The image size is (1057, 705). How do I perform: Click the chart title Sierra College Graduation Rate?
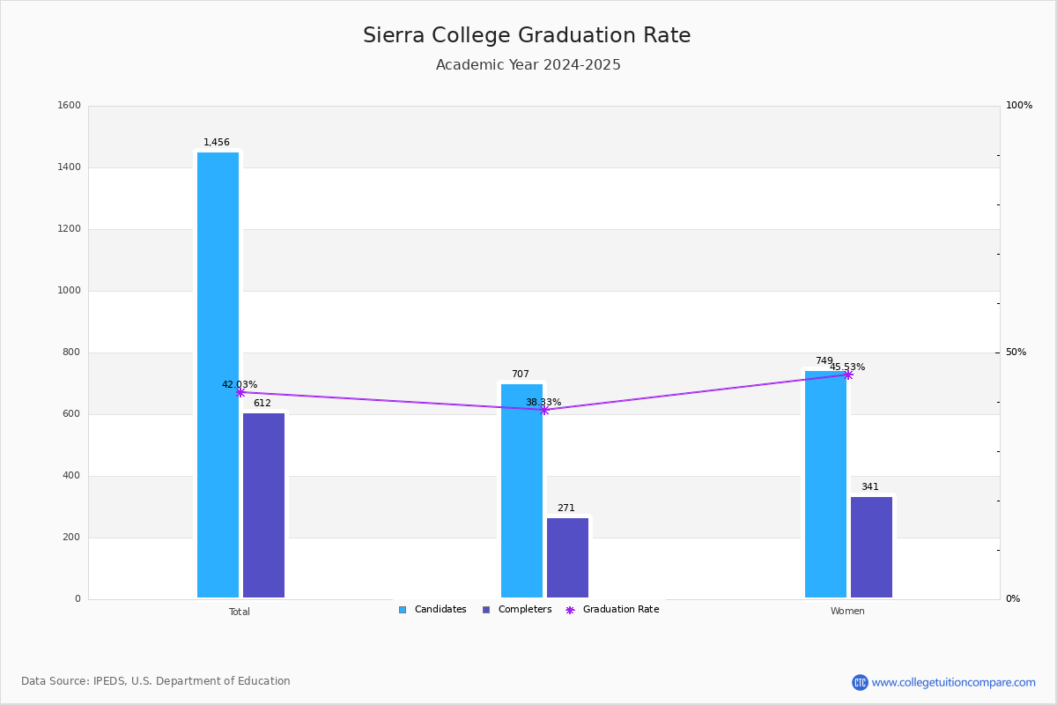pos(527,36)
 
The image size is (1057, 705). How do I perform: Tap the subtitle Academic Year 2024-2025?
pos(528,65)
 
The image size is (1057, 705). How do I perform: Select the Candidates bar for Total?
pos(218,375)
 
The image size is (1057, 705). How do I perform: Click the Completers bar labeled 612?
pos(263,505)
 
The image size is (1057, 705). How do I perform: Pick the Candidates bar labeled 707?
pos(521,491)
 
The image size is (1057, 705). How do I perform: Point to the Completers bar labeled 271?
pos(567,558)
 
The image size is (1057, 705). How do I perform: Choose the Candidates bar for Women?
pos(825,484)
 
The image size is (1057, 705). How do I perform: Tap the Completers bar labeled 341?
pos(871,547)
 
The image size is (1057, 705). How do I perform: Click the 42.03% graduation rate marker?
pos(240,393)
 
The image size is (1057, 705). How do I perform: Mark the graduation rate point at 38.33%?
pos(544,410)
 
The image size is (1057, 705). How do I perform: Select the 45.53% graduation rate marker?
pos(848,375)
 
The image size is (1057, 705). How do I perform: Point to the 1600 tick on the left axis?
pos(69,106)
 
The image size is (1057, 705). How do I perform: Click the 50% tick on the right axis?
pos(1016,352)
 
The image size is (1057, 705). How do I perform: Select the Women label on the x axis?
pos(847,612)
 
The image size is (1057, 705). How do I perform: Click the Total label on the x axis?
pos(240,612)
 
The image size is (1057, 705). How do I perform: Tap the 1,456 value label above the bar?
pos(217,143)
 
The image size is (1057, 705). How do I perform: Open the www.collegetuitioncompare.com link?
pos(953,682)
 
